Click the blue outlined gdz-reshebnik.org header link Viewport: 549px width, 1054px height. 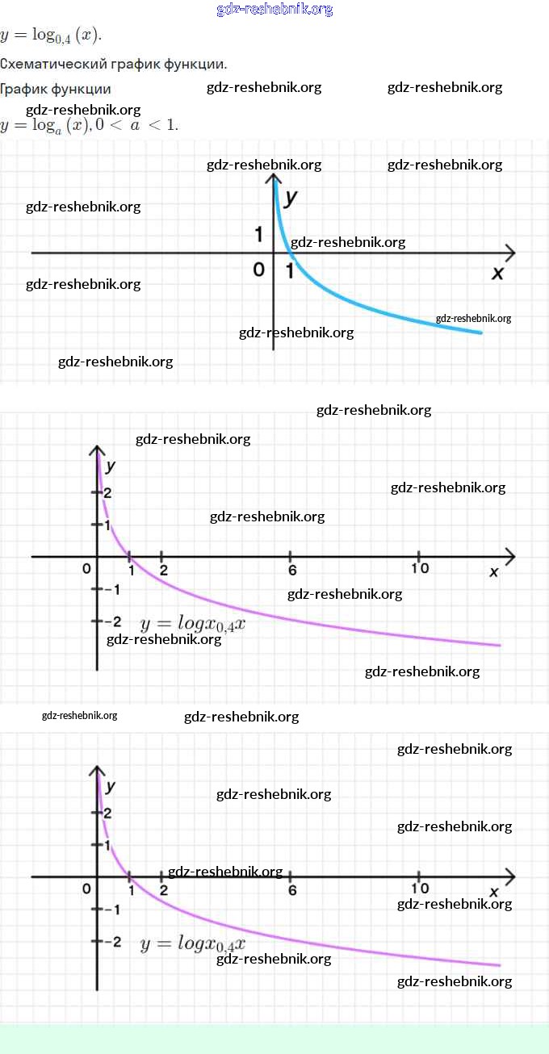point(274,10)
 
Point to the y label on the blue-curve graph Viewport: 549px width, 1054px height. point(291,197)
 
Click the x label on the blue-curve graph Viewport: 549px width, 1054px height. point(497,273)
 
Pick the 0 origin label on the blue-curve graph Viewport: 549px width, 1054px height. point(259,270)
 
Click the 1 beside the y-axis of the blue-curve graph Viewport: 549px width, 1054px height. point(258,234)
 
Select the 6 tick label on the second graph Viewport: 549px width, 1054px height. point(292,571)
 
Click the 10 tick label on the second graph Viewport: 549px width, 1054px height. point(420,568)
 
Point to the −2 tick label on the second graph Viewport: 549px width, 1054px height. point(112,622)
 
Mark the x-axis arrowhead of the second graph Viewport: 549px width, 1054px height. point(510,557)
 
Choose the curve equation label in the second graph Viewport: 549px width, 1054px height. point(193,625)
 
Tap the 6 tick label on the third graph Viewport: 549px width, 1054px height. point(292,890)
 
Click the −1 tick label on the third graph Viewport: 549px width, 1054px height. point(111,910)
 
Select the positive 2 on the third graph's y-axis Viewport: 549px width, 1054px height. point(108,813)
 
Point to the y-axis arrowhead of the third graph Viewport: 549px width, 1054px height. point(97,771)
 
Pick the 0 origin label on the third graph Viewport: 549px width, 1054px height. point(86,889)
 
